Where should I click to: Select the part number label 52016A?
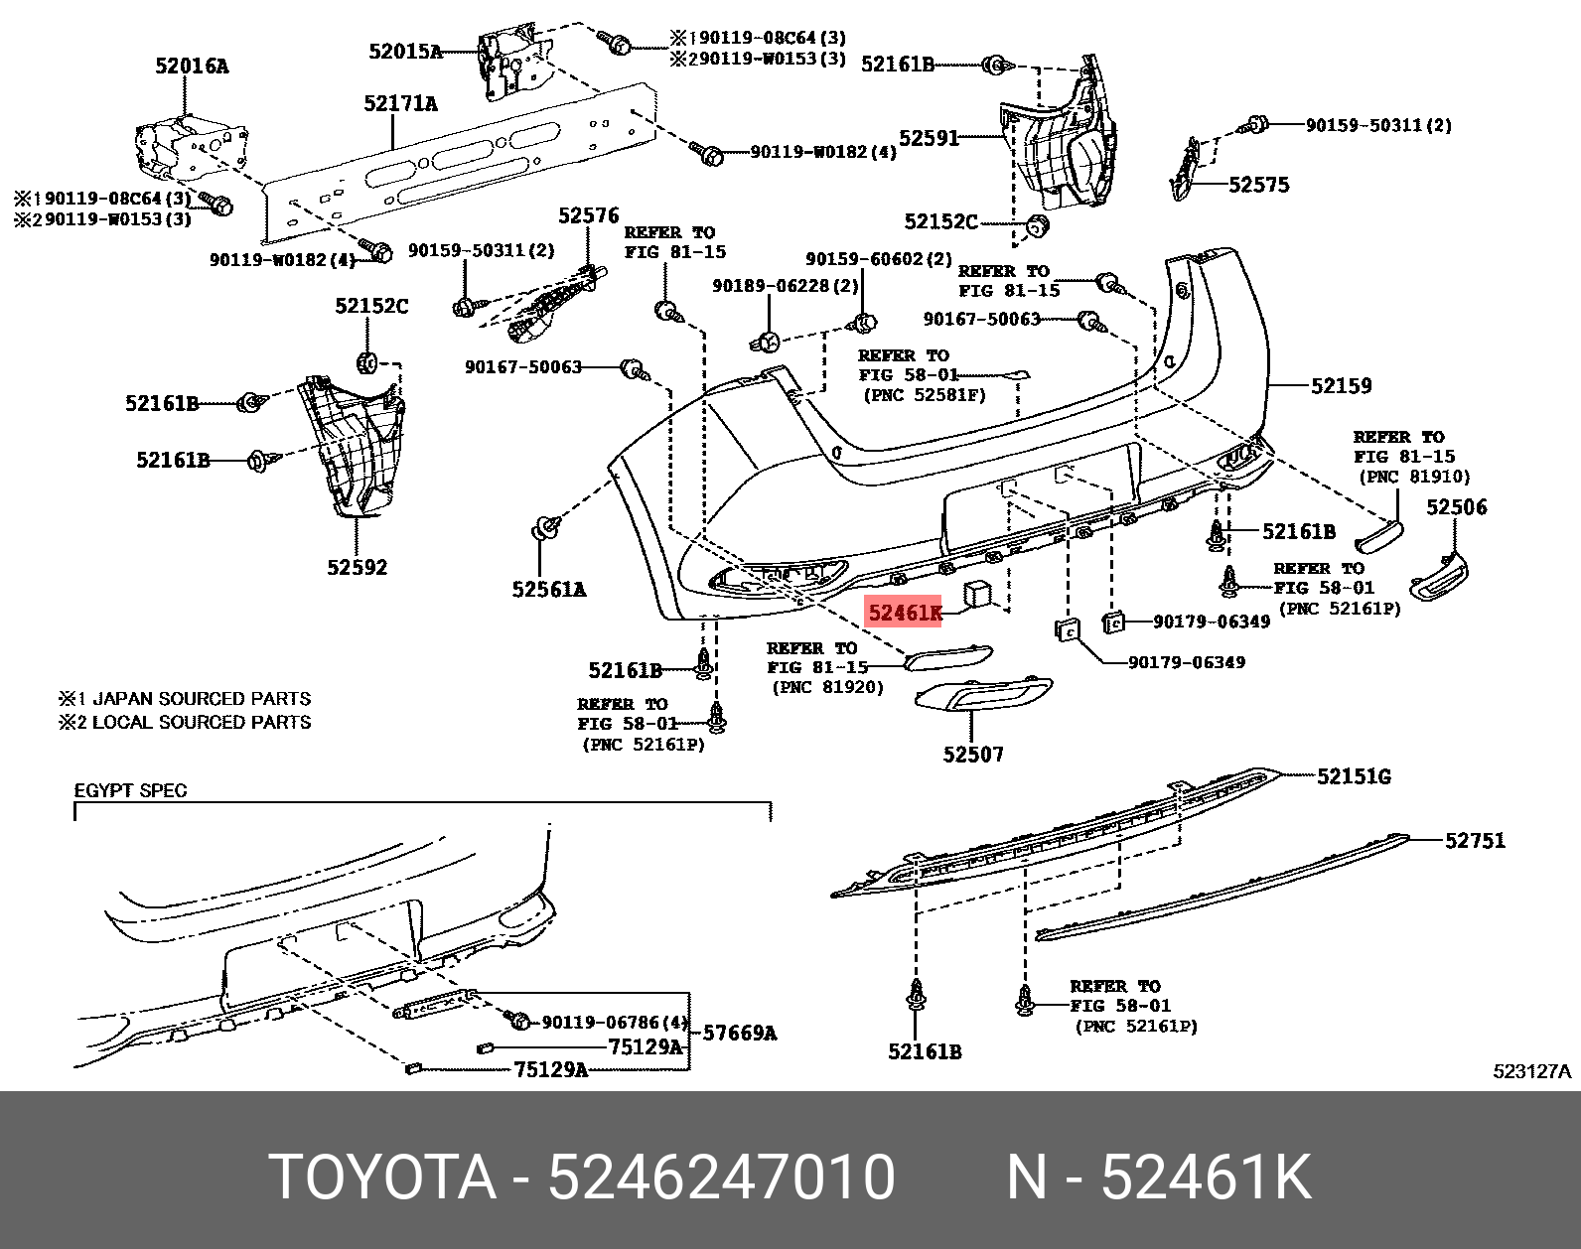pyautogui.click(x=192, y=67)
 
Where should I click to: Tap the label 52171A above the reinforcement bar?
pyautogui.click(x=400, y=103)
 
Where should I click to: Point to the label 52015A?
pyautogui.click(x=405, y=51)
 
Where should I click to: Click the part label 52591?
pyautogui.click(x=930, y=138)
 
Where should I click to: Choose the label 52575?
pyautogui.click(x=1258, y=185)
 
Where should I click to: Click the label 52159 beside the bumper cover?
pyautogui.click(x=1341, y=386)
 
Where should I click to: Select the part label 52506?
pyautogui.click(x=1456, y=507)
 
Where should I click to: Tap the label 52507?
pyautogui.click(x=973, y=755)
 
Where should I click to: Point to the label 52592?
pyautogui.click(x=358, y=568)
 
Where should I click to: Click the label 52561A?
pyautogui.click(x=549, y=590)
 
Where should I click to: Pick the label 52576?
pyautogui.click(x=588, y=215)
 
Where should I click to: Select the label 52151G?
pyautogui.click(x=1354, y=776)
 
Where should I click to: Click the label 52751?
pyautogui.click(x=1475, y=841)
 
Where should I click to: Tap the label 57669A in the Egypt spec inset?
pyautogui.click(x=739, y=1033)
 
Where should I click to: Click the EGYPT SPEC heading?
pyautogui.click(x=131, y=791)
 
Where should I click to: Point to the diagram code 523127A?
pyautogui.click(x=1532, y=1072)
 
